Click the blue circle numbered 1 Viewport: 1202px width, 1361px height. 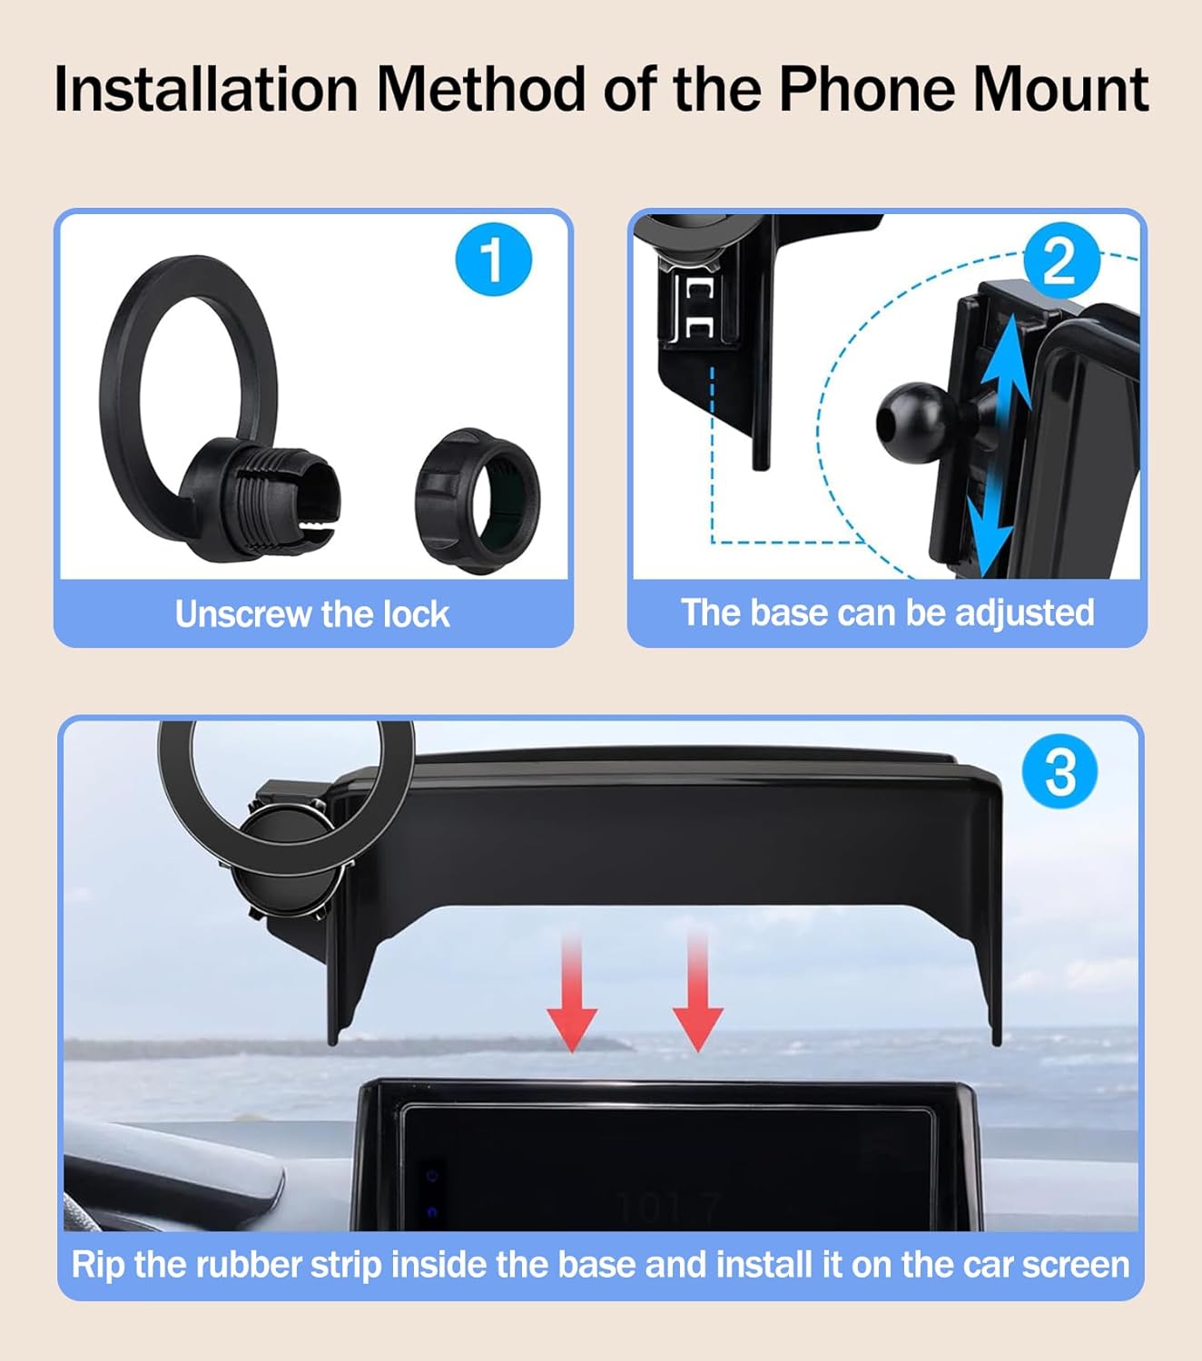(x=494, y=259)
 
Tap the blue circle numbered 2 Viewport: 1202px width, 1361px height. (x=1062, y=260)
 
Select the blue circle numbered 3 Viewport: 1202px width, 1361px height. (x=1060, y=770)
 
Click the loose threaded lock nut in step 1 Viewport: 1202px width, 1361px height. (x=478, y=501)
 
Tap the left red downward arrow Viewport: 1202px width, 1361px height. (x=572, y=991)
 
